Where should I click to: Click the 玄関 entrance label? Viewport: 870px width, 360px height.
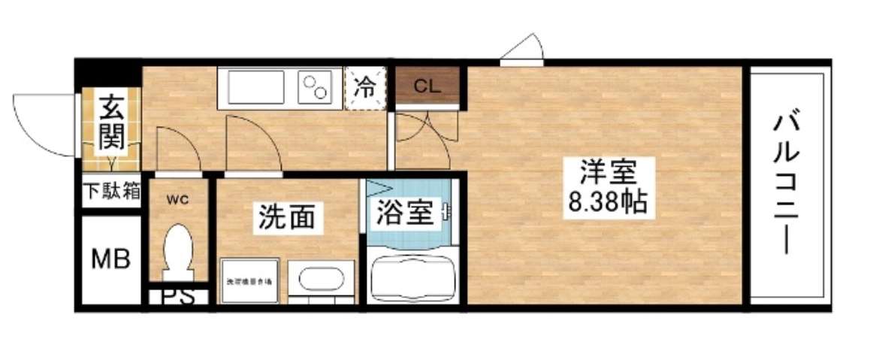pos(111,121)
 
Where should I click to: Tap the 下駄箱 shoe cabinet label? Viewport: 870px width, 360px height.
pos(111,191)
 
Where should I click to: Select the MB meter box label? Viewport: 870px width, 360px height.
pos(110,259)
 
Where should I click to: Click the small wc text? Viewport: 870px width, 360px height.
pos(177,199)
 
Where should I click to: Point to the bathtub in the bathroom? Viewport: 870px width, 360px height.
pos(412,278)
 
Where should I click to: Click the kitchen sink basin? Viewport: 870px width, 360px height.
pos(256,89)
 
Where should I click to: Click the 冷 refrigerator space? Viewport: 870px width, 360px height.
pos(366,87)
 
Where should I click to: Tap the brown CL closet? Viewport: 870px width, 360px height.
pos(426,84)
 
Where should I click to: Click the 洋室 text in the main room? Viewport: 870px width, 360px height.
pos(606,173)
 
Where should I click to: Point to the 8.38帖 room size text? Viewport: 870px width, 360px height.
pos(606,201)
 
